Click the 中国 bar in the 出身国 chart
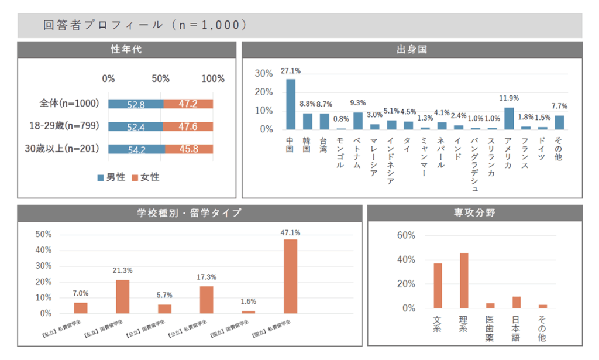pyautogui.click(x=291, y=104)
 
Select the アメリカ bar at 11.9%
pyautogui.click(x=509, y=118)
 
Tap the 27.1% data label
pyautogui.click(x=291, y=71)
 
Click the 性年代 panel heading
pyautogui.click(x=126, y=50)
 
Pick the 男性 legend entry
pyautogui.click(x=111, y=177)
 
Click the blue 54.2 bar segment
pyautogui.click(x=136, y=149)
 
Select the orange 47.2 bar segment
pyautogui.click(x=188, y=104)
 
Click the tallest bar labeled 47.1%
pyautogui.click(x=290, y=276)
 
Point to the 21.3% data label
pyautogui.click(x=122, y=270)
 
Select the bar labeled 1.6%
pyautogui.click(x=249, y=312)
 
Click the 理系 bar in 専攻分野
pyautogui.click(x=464, y=280)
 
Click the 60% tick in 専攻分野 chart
pyautogui.click(x=405, y=235)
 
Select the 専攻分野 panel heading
pyautogui.click(x=474, y=213)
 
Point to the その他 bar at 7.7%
pyautogui.click(x=559, y=122)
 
